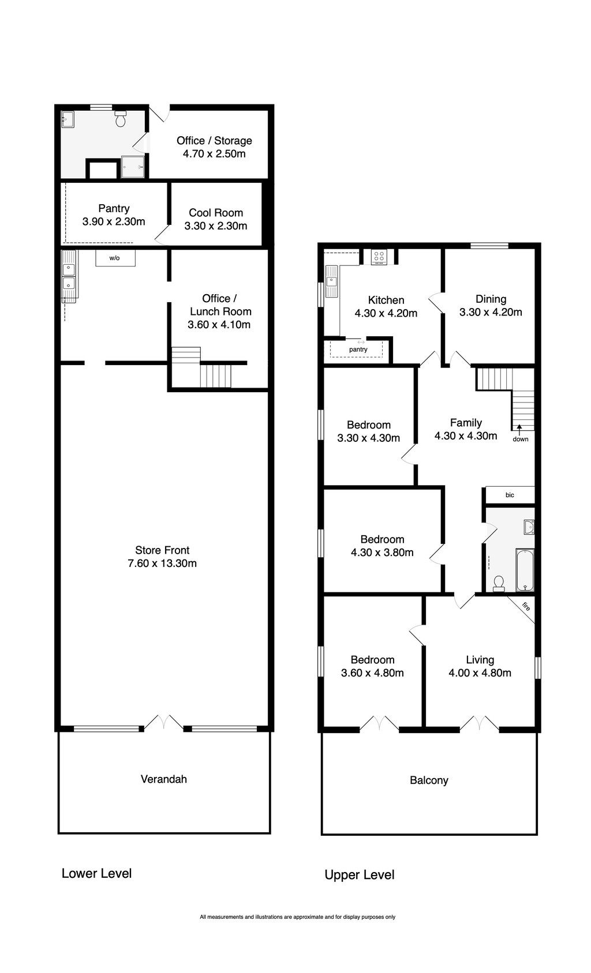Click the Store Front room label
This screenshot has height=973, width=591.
(162, 550)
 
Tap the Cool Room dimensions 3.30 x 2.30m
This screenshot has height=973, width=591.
(215, 226)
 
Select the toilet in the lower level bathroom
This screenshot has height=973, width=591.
(121, 118)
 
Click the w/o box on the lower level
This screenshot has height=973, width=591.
(115, 258)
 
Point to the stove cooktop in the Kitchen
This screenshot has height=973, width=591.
(379, 257)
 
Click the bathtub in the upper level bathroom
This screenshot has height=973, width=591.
(525, 570)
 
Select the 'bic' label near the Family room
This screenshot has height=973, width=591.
(510, 495)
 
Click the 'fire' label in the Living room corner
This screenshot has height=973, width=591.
(526, 606)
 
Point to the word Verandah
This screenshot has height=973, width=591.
(163, 779)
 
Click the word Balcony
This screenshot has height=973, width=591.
(429, 780)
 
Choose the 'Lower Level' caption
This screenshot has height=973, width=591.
(96, 873)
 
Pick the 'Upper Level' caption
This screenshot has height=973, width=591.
(360, 874)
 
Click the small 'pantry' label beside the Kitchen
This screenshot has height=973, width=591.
(358, 350)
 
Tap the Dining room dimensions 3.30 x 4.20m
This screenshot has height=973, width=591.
(491, 312)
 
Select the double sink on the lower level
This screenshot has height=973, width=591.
(69, 277)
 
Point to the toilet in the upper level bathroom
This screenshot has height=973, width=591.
(499, 584)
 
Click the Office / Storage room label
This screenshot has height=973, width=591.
(214, 141)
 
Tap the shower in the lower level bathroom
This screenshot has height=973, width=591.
(132, 167)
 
